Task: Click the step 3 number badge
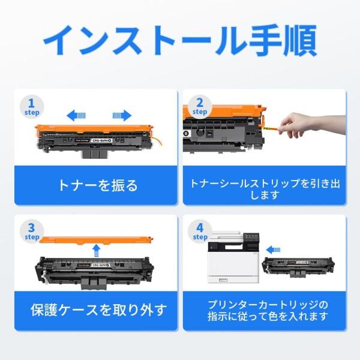(x=31, y=231)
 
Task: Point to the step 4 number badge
(x=199, y=231)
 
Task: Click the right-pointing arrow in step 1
(x=122, y=115)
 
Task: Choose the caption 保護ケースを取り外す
(x=98, y=311)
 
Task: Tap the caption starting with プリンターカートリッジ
(x=264, y=310)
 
